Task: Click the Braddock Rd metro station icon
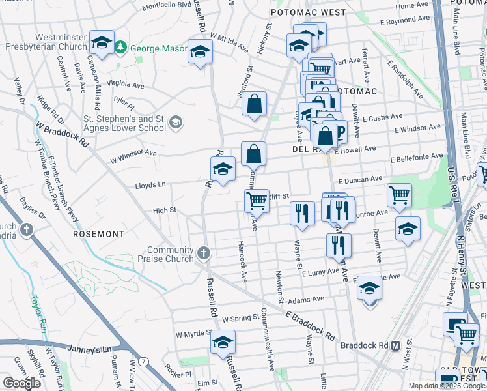[395, 346]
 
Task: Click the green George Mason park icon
[120, 48]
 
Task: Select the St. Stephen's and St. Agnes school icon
[174, 122]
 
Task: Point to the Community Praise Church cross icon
[204, 253]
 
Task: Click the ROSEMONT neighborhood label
[98, 233]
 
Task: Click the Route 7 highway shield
[143, 361]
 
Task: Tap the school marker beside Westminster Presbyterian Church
[102, 42]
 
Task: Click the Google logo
[21, 383]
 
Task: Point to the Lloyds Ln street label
[150, 185]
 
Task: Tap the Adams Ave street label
[306, 299]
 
